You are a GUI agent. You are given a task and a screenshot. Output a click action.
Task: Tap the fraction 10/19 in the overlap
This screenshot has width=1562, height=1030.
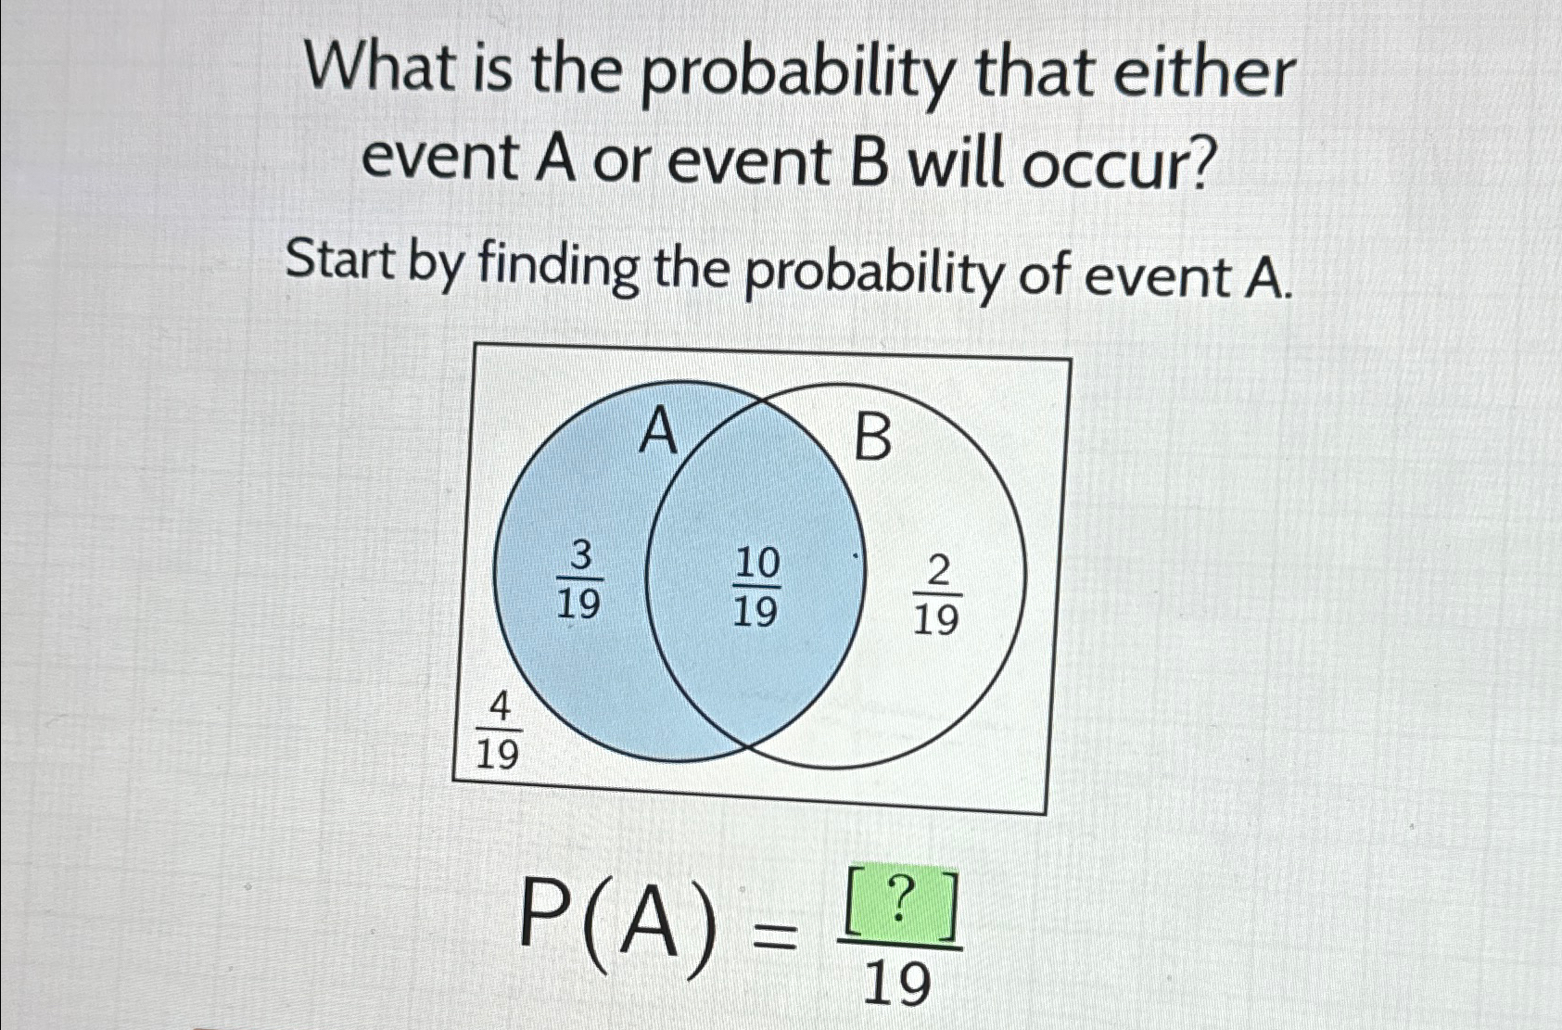tap(756, 587)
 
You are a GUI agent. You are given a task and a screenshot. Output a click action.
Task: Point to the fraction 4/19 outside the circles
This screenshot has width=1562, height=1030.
tap(498, 732)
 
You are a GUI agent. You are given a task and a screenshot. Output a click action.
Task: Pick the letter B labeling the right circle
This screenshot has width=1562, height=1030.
tap(871, 439)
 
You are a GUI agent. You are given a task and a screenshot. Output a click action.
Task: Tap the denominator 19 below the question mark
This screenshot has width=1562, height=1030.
tap(896, 984)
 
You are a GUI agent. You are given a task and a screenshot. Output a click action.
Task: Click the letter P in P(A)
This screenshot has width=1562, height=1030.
tap(547, 913)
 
